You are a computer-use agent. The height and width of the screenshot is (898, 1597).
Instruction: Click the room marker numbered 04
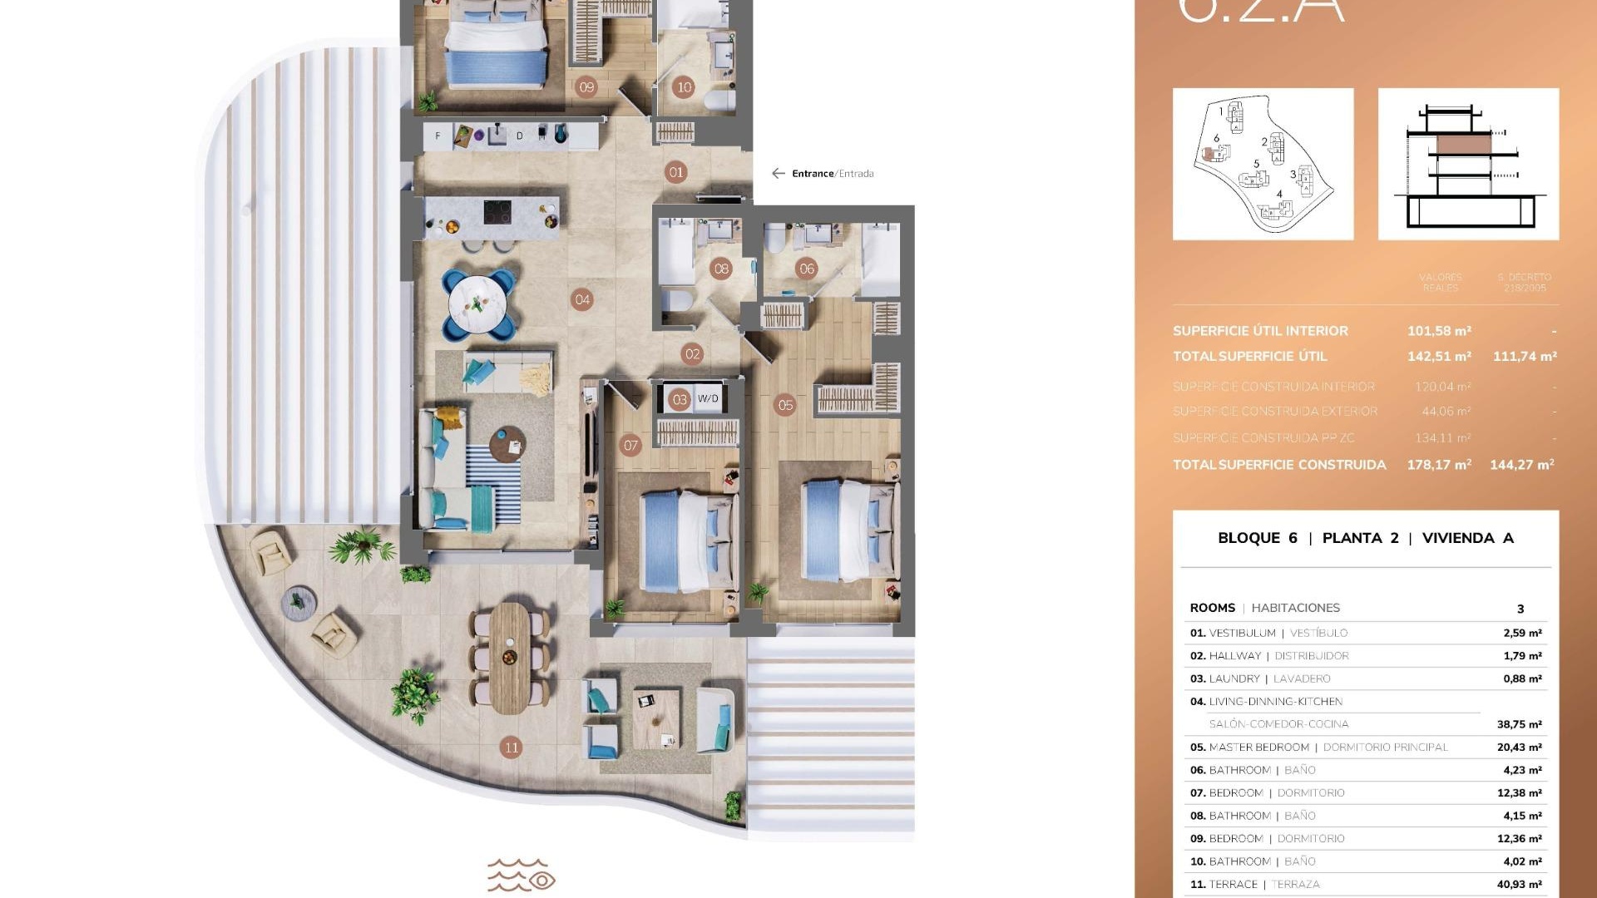point(582,300)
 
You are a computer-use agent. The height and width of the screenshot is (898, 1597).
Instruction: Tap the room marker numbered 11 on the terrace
point(512,748)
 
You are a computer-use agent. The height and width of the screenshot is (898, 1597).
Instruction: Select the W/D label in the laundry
point(708,399)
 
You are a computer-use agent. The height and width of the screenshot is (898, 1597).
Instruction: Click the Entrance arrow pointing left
point(778,174)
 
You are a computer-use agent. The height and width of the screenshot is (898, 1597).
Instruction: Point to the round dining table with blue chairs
point(477,304)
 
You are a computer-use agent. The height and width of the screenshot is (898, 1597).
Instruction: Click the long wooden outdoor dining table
point(510,657)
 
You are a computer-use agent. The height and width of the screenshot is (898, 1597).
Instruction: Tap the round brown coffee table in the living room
point(507,444)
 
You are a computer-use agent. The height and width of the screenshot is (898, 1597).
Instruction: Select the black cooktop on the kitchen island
point(497,212)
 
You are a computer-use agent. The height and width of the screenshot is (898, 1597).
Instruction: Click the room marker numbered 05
point(785,406)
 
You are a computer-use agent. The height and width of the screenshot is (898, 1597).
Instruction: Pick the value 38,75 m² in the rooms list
point(1519,724)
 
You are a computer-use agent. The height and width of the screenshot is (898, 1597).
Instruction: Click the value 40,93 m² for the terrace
point(1519,885)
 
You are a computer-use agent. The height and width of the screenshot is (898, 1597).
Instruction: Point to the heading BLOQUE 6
point(1257,538)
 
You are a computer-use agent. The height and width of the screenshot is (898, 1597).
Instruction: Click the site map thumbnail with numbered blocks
point(1263,164)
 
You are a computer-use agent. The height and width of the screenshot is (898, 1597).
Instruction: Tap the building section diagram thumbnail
point(1468,164)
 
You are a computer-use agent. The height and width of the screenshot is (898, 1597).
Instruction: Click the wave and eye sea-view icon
point(521,876)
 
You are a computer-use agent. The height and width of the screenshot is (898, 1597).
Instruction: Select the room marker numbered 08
point(721,269)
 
